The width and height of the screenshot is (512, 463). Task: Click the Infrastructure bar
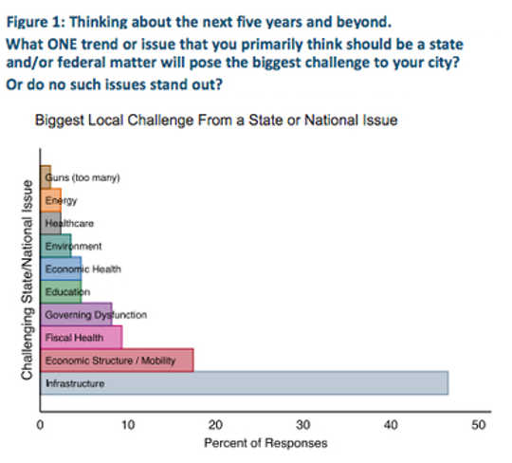pos(244,383)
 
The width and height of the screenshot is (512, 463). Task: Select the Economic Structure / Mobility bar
pos(117,361)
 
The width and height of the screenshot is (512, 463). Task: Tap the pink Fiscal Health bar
pos(81,337)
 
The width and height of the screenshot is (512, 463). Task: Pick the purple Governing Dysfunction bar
pos(76,314)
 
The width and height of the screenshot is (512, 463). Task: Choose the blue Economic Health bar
pos(61,269)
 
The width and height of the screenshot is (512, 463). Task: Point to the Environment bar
pos(56,246)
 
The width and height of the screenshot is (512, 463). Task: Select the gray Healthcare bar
pos(50,223)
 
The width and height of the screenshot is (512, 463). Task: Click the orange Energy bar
pos(50,200)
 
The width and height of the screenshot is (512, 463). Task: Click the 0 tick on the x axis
pos(40,425)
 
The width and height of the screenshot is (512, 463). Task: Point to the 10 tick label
pos(128,425)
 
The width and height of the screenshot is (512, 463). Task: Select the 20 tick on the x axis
pos(215,425)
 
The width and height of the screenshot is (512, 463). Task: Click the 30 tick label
pos(303,425)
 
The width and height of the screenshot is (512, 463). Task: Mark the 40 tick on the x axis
pos(391,425)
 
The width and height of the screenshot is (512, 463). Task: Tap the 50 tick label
pos(478,425)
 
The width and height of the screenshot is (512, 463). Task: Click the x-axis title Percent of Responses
pos(265,443)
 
